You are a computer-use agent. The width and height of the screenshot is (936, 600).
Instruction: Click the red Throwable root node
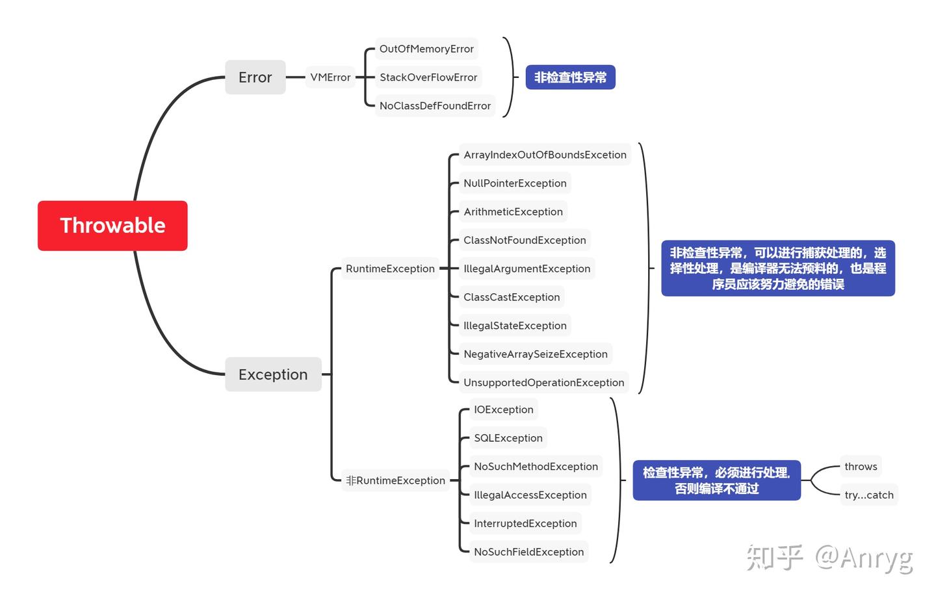(x=112, y=226)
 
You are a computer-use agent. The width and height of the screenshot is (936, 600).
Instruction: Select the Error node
(x=255, y=77)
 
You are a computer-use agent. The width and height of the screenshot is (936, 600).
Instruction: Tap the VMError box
(x=330, y=77)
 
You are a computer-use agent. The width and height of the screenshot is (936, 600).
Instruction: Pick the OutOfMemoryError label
(x=426, y=49)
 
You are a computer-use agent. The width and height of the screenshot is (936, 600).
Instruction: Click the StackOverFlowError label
(x=428, y=77)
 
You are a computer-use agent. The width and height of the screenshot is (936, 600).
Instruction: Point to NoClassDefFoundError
(x=435, y=106)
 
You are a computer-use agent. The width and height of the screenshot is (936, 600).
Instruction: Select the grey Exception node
(x=273, y=374)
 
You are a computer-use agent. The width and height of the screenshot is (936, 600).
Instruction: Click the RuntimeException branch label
(x=390, y=268)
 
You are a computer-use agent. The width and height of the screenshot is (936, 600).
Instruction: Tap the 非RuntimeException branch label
(x=395, y=480)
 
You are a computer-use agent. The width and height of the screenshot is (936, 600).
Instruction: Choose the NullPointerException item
(x=515, y=183)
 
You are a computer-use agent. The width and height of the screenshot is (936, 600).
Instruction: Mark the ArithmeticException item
(x=513, y=212)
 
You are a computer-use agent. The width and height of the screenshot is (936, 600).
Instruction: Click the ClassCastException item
(x=512, y=297)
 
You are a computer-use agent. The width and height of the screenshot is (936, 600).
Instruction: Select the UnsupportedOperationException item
(x=543, y=383)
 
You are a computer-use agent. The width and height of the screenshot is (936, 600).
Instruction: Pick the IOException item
(x=504, y=410)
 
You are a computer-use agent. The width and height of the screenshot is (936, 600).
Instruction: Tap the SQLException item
(x=508, y=438)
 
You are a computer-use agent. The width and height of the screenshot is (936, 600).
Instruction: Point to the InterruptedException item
(x=525, y=523)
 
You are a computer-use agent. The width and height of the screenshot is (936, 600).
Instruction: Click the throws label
(x=861, y=466)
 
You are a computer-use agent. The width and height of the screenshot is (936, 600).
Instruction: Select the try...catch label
(x=869, y=495)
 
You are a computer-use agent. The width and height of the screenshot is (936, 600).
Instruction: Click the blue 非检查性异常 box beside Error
(x=570, y=77)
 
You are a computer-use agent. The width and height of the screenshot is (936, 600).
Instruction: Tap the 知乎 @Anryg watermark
(x=829, y=558)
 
